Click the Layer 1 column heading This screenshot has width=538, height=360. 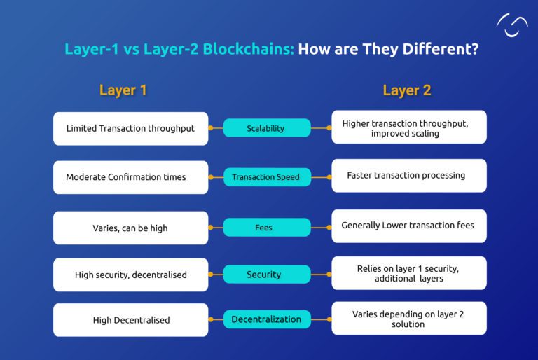(123, 90)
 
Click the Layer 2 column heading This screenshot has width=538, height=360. (406, 90)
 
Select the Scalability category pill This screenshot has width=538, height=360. (266, 128)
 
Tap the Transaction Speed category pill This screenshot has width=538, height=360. (266, 177)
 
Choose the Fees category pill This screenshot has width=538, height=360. (266, 228)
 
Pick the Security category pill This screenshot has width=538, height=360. (266, 275)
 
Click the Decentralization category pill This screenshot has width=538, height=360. (266, 319)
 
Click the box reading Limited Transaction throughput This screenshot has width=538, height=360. (130, 129)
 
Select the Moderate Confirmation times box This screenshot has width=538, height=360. (130, 177)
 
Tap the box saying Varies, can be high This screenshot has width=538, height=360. (130, 228)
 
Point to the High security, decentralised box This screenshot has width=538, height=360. (130, 275)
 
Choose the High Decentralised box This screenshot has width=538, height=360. (130, 320)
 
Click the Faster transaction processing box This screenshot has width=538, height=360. (408, 176)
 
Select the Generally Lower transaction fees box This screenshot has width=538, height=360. (408, 226)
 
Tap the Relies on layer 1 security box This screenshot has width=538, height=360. (408, 273)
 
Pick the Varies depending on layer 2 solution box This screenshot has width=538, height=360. (408, 319)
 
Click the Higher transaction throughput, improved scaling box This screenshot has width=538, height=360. (408, 127)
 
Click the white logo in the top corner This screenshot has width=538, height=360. (512, 26)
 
